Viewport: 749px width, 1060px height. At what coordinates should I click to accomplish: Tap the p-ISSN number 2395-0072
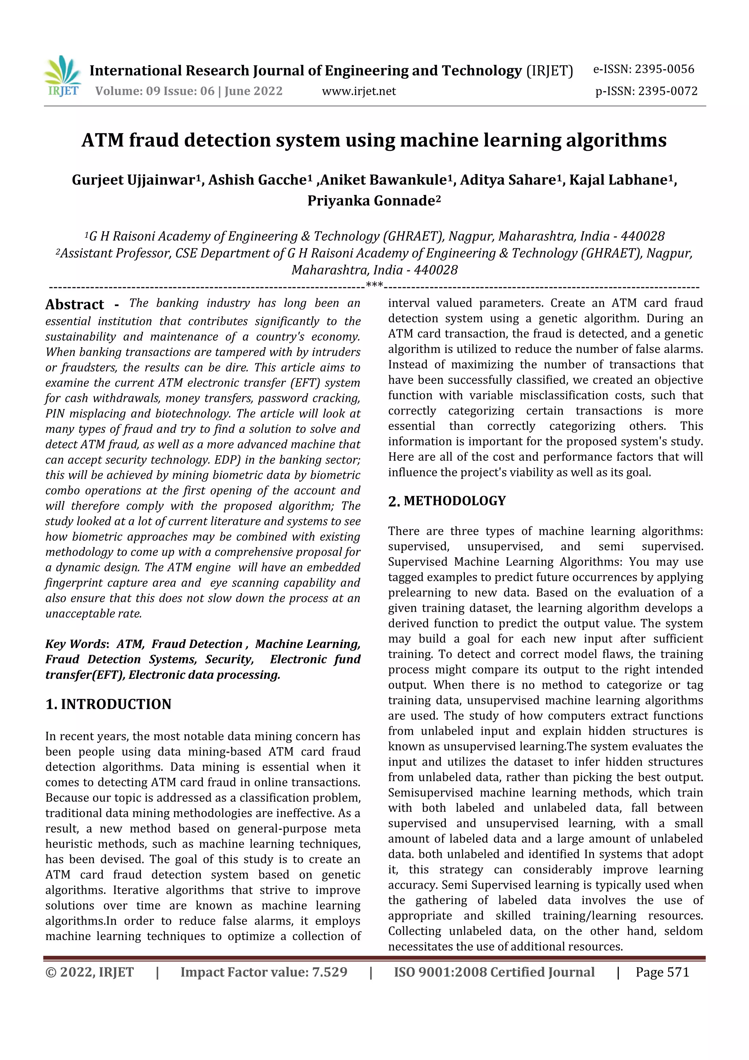[667, 91]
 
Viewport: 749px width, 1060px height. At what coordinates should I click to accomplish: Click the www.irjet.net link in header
[358, 91]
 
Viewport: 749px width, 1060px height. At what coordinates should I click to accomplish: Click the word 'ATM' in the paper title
[102, 141]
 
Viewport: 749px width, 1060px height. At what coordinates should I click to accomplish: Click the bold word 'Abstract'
[75, 305]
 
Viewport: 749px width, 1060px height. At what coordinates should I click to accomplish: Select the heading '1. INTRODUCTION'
[109, 704]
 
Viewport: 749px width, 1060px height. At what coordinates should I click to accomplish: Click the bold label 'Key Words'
[76, 644]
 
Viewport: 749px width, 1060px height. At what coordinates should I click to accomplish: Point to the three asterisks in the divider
[374, 285]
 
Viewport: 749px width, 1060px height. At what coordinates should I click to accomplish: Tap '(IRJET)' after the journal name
[550, 71]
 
